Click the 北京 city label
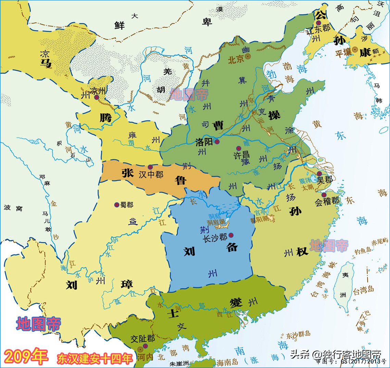pos(236,59)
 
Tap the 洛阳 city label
pos(204,142)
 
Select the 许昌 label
pos(242,155)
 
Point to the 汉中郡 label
pos(151,174)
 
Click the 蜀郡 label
pos(126,205)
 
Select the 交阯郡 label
pos(143,339)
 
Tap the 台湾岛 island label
pos(363,290)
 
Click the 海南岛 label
pos(227,362)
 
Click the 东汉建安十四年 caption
pos(95,358)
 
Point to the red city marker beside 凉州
pos(97,97)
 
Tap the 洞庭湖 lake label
pos(216,222)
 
